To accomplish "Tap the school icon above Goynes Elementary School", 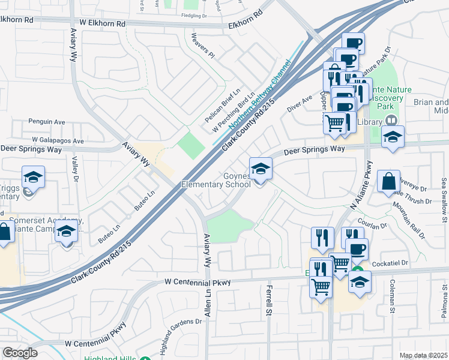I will [260, 169].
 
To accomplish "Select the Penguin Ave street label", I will [47, 122].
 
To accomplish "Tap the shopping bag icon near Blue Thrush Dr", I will [388, 181].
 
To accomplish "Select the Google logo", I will [20, 352].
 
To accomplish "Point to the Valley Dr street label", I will [76, 169].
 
